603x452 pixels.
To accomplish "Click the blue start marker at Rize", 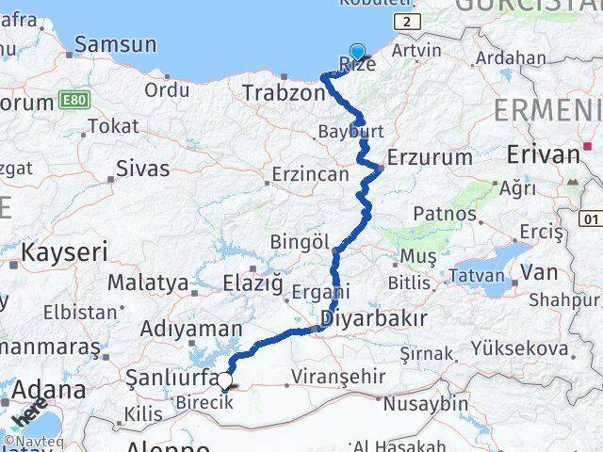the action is click(x=357, y=53).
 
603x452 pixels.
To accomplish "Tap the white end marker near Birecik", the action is click(x=225, y=381).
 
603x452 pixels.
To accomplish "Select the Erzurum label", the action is click(x=430, y=157).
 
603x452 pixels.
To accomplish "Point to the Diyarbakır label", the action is click(x=375, y=318).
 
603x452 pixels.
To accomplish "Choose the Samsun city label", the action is click(x=115, y=43).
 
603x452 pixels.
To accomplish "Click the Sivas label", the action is click(x=142, y=169).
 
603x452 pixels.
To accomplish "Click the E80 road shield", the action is click(x=73, y=99).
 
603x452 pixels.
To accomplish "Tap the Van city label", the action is click(x=539, y=272).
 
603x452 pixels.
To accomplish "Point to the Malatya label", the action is click(x=148, y=282).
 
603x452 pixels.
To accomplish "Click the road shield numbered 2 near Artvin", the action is click(x=405, y=21).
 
